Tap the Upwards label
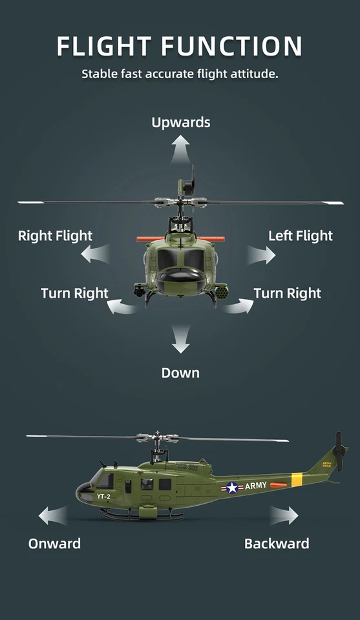181,122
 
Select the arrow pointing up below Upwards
181,150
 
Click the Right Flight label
55,236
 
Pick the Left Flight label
301,236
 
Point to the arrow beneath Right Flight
95,255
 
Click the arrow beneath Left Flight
261,255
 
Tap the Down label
180,373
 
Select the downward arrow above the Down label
181,340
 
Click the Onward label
54,543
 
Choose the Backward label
277,543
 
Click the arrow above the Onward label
52,515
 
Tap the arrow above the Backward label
284,515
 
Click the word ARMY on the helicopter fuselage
256,486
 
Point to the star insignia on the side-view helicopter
232,488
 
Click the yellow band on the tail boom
297,479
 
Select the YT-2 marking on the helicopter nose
103,496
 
